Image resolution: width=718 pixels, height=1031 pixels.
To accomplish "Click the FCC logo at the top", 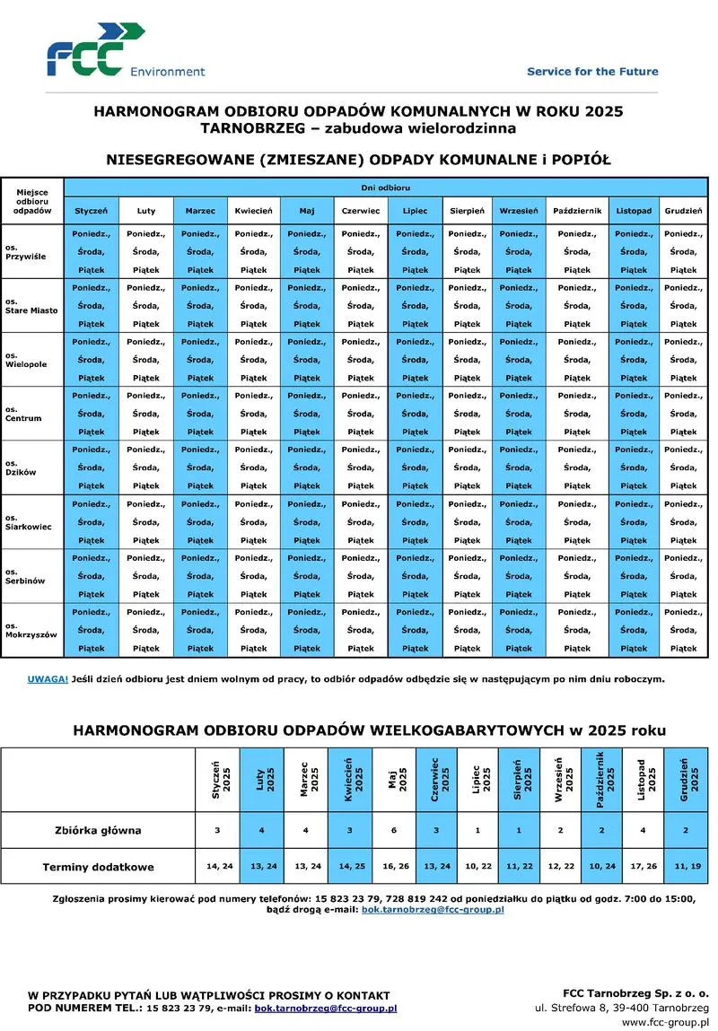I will point(94,51).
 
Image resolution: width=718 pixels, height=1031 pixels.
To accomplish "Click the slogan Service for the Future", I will point(592,71).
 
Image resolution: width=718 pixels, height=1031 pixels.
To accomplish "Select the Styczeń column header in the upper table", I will point(92,211).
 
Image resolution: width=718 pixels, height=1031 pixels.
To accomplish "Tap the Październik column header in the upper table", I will point(577,211).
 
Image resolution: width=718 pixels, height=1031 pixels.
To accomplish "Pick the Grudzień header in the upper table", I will point(683,211).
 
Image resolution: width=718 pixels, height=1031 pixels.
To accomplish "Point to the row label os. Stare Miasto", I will point(31,305).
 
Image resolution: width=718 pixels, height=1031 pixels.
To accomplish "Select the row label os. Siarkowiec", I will point(29,522).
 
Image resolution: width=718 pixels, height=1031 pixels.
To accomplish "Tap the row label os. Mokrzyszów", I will point(31,630).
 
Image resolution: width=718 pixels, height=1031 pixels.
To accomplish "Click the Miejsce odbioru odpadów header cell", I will point(31,201).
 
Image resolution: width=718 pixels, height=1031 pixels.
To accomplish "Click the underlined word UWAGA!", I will point(48,679).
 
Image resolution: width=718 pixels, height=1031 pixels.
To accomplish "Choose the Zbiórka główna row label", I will point(98,830).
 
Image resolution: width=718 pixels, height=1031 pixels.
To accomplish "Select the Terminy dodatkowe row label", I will point(98,867).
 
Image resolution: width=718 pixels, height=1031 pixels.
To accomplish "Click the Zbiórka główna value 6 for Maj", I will point(394,830).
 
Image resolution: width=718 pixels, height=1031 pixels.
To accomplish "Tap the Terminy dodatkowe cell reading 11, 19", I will point(686,867).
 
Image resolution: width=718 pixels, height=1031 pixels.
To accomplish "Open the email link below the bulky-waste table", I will point(432,909).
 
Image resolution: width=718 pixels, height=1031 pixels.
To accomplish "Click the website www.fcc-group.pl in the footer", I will point(665,1021).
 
